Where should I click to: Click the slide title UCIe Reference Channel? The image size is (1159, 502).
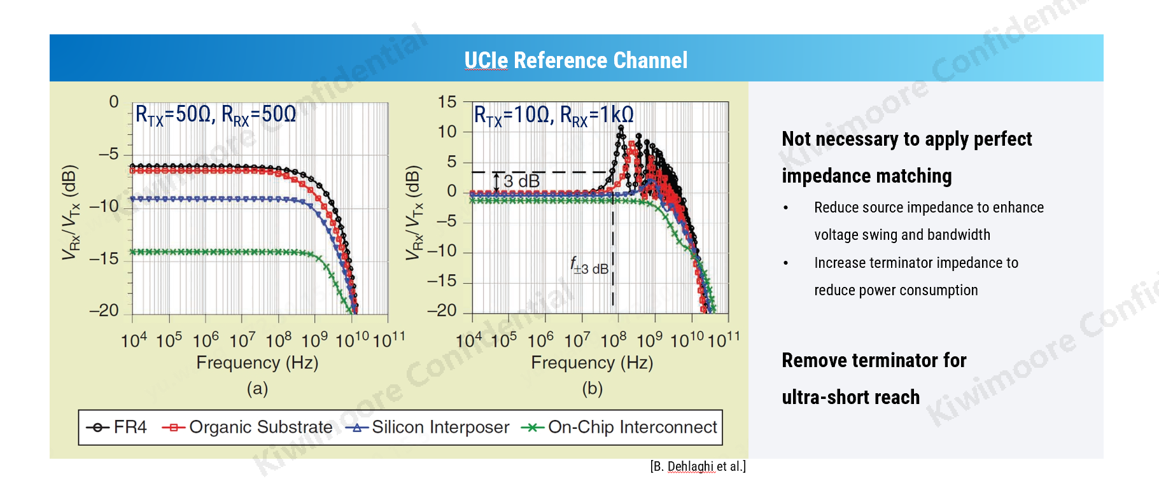575,60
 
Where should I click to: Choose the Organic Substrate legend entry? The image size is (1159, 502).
248,428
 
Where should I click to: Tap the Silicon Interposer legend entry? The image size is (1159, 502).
428,428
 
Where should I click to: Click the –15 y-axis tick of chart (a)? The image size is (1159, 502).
104,259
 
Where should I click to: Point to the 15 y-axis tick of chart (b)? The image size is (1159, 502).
447,102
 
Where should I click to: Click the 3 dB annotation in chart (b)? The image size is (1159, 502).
521,182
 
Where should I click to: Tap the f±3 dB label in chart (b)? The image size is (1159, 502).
589,266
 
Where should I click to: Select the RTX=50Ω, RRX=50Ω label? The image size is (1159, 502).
216,115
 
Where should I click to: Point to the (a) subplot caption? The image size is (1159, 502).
257,388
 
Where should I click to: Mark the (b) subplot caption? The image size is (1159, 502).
592,388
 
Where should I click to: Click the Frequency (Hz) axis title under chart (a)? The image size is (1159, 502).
257,363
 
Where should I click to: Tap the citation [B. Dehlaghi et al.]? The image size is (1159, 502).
698,466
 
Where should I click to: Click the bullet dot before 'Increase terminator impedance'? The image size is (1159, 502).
786,263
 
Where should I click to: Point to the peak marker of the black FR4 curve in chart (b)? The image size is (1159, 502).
621,128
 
